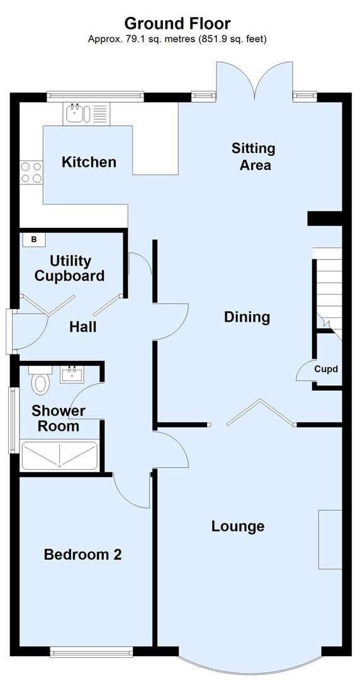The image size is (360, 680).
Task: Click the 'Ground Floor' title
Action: point(177,23)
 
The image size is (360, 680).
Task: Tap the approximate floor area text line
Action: point(177,39)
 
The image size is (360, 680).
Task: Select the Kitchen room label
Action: point(89,162)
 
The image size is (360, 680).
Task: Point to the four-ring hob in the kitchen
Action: point(31,173)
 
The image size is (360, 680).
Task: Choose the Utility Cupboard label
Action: point(69,268)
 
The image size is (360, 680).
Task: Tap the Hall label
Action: point(82,327)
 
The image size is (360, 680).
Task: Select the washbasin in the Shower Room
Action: point(72,375)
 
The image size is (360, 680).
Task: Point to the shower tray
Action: point(60,455)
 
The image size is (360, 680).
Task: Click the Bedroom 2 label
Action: point(82,555)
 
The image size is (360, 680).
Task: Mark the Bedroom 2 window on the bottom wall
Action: point(91,653)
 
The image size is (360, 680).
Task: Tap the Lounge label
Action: point(237,526)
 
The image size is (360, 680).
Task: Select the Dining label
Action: point(247,317)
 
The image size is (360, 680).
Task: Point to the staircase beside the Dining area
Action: point(327,286)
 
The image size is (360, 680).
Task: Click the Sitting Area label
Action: point(254,156)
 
